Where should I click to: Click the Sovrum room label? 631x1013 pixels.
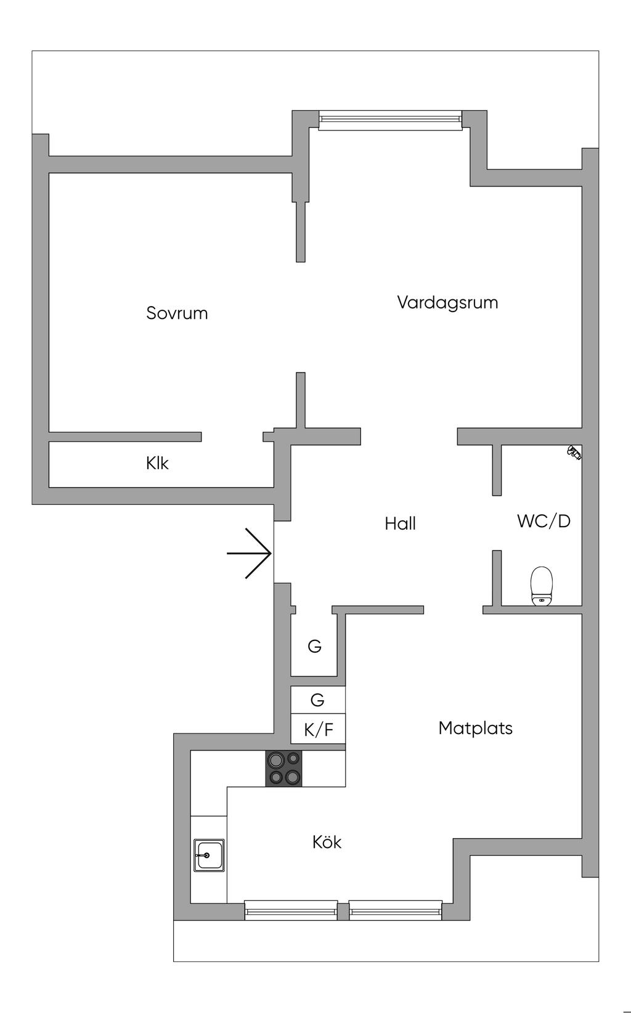coord(177,313)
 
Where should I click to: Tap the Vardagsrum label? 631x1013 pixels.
coord(447,302)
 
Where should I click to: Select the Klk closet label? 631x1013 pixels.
coord(157,463)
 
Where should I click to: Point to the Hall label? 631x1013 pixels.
coord(400,523)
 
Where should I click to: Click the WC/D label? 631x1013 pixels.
coord(543,521)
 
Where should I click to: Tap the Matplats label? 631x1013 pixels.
coord(475,728)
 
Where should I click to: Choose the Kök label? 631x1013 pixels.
coord(327,842)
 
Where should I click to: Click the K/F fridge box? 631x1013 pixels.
coord(318,729)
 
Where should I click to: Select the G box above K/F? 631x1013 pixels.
coord(318,700)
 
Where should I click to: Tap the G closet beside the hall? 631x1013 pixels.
coord(315,646)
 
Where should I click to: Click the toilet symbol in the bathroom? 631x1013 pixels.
coord(542,586)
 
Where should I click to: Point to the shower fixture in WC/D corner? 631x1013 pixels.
coord(574,452)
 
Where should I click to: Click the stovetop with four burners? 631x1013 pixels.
coord(283,769)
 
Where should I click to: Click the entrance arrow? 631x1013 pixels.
coord(250,553)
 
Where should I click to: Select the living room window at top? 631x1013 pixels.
coord(390,120)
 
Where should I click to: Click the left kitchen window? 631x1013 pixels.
coord(291,910)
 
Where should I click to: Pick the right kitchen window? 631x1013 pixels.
coord(395,910)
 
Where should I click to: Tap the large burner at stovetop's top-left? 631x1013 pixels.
coord(275,759)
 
